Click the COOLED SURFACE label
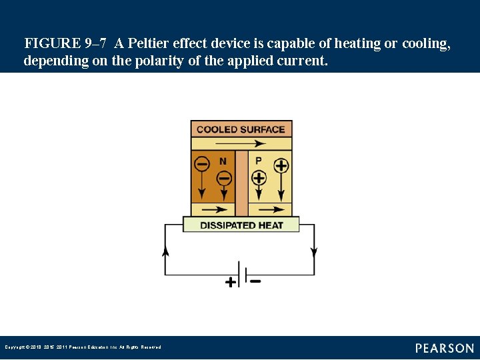(241, 129)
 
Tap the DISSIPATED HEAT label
(241, 225)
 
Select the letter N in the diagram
(223, 161)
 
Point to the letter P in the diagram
(259, 161)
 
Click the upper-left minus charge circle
(201, 163)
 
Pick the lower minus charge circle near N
(224, 178)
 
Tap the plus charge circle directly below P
(259, 177)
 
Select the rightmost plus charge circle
(281, 165)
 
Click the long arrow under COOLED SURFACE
(241, 143)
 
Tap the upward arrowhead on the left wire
(165, 251)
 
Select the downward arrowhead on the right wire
(314, 253)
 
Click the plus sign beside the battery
(231, 282)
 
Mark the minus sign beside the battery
(255, 281)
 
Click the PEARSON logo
(445, 348)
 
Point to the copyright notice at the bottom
(83, 347)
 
